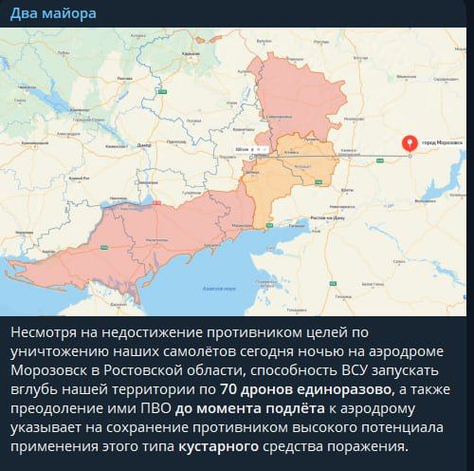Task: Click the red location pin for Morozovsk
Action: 410,144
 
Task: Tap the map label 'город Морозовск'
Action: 442,141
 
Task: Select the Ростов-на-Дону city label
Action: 326,217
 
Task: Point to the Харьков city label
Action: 191,54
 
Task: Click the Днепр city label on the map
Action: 144,144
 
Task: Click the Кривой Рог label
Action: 83,180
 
